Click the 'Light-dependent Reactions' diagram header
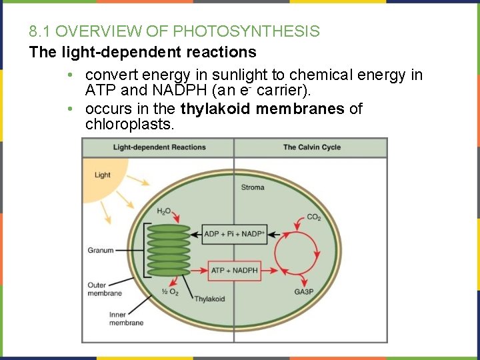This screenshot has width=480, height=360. [x=159, y=147]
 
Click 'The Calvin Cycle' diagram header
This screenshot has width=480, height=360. [x=311, y=147]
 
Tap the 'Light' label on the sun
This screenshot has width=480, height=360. [x=103, y=175]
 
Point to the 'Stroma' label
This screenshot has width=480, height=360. [x=253, y=187]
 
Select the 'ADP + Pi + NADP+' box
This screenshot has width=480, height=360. [x=234, y=233]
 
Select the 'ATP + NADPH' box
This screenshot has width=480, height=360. [x=234, y=270]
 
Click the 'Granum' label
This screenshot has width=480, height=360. [x=101, y=251]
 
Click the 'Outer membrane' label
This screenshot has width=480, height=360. [x=105, y=289]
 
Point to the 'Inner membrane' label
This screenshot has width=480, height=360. [x=126, y=319]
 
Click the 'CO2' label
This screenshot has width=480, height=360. [x=313, y=217]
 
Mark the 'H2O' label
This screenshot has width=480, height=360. [x=164, y=211]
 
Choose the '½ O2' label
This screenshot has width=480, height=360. [x=170, y=292]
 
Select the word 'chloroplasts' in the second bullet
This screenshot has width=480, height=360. [x=129, y=125]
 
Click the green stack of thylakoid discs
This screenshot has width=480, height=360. [x=169, y=251]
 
